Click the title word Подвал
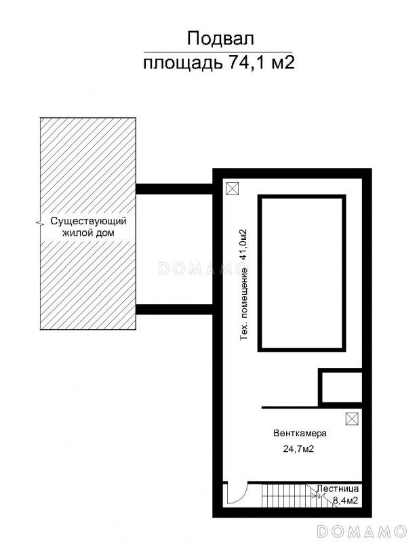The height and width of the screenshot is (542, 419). coord(220,39)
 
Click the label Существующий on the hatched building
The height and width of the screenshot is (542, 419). coord(89,222)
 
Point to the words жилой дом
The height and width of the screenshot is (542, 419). coord(88,233)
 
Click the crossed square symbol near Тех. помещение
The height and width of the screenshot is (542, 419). coord(232,189)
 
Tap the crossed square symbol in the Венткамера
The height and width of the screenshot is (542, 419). coord(352,419)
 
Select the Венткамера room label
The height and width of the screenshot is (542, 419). coord(300,433)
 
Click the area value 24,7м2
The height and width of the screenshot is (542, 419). coord(298,449)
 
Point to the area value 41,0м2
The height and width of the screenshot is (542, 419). coord(244,245)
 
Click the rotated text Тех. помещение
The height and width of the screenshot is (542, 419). coord(244,304)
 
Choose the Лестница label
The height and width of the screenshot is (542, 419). coord(338,488)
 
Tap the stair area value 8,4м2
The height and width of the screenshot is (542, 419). coord(345,500)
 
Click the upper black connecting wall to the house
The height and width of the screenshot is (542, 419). coord(174,189)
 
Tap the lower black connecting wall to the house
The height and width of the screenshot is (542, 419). coord(174,310)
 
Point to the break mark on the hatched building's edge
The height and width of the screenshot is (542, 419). coord(40,224)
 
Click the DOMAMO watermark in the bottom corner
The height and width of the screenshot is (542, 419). coord(362,530)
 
